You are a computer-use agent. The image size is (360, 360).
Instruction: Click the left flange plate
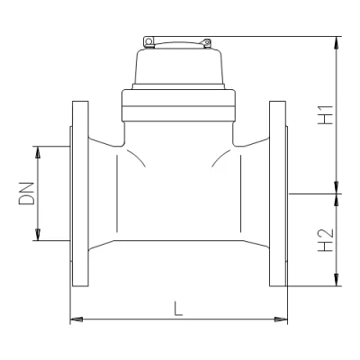tap(77, 193)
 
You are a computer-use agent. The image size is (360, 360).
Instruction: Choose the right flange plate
tap(278, 193)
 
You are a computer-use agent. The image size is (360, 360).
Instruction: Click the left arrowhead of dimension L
tap(74, 319)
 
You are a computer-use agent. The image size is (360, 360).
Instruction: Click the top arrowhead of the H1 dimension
tap(337, 41)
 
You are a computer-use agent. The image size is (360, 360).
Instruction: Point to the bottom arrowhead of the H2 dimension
tap(337, 281)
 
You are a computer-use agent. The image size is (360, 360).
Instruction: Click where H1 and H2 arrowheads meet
tap(337, 193)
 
